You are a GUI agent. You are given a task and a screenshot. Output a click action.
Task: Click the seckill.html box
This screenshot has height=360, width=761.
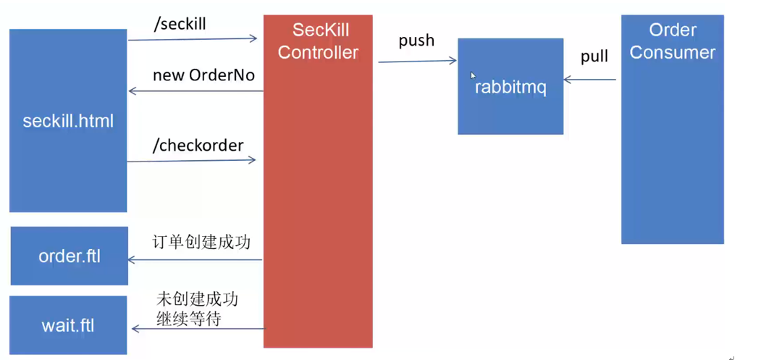tap(68, 120)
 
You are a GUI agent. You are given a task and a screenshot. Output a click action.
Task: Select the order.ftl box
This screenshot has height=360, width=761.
tap(69, 256)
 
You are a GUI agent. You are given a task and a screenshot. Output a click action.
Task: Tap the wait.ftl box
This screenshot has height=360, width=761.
tap(68, 325)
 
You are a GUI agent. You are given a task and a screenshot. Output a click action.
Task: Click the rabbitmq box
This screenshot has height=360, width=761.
tap(510, 87)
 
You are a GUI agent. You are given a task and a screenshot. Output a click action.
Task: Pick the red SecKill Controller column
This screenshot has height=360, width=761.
tap(318, 181)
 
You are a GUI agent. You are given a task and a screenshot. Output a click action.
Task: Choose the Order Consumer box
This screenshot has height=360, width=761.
tap(672, 130)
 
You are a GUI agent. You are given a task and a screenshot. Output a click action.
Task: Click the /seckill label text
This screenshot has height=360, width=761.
tap(180, 24)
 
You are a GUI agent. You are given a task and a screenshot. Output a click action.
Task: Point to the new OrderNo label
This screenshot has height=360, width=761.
tap(203, 75)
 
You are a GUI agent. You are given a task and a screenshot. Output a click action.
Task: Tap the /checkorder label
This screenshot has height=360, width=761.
tap(198, 145)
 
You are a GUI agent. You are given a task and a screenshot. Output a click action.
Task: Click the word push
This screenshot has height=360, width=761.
tap(416, 41)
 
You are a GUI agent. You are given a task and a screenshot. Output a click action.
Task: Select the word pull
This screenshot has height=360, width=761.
tap(594, 56)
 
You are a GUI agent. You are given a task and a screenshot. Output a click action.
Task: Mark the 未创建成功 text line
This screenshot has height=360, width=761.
tap(197, 300)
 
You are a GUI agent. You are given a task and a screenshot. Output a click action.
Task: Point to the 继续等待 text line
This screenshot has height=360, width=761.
tap(188, 318)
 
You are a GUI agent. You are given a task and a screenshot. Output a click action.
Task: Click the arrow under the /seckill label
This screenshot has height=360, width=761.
tap(193, 39)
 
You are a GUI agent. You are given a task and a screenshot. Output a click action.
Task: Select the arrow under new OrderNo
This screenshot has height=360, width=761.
tap(195, 91)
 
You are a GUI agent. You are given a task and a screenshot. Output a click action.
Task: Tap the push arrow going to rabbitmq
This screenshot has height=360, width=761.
tap(417, 62)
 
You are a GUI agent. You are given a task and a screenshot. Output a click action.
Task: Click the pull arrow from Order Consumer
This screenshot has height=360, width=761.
tap(589, 80)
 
